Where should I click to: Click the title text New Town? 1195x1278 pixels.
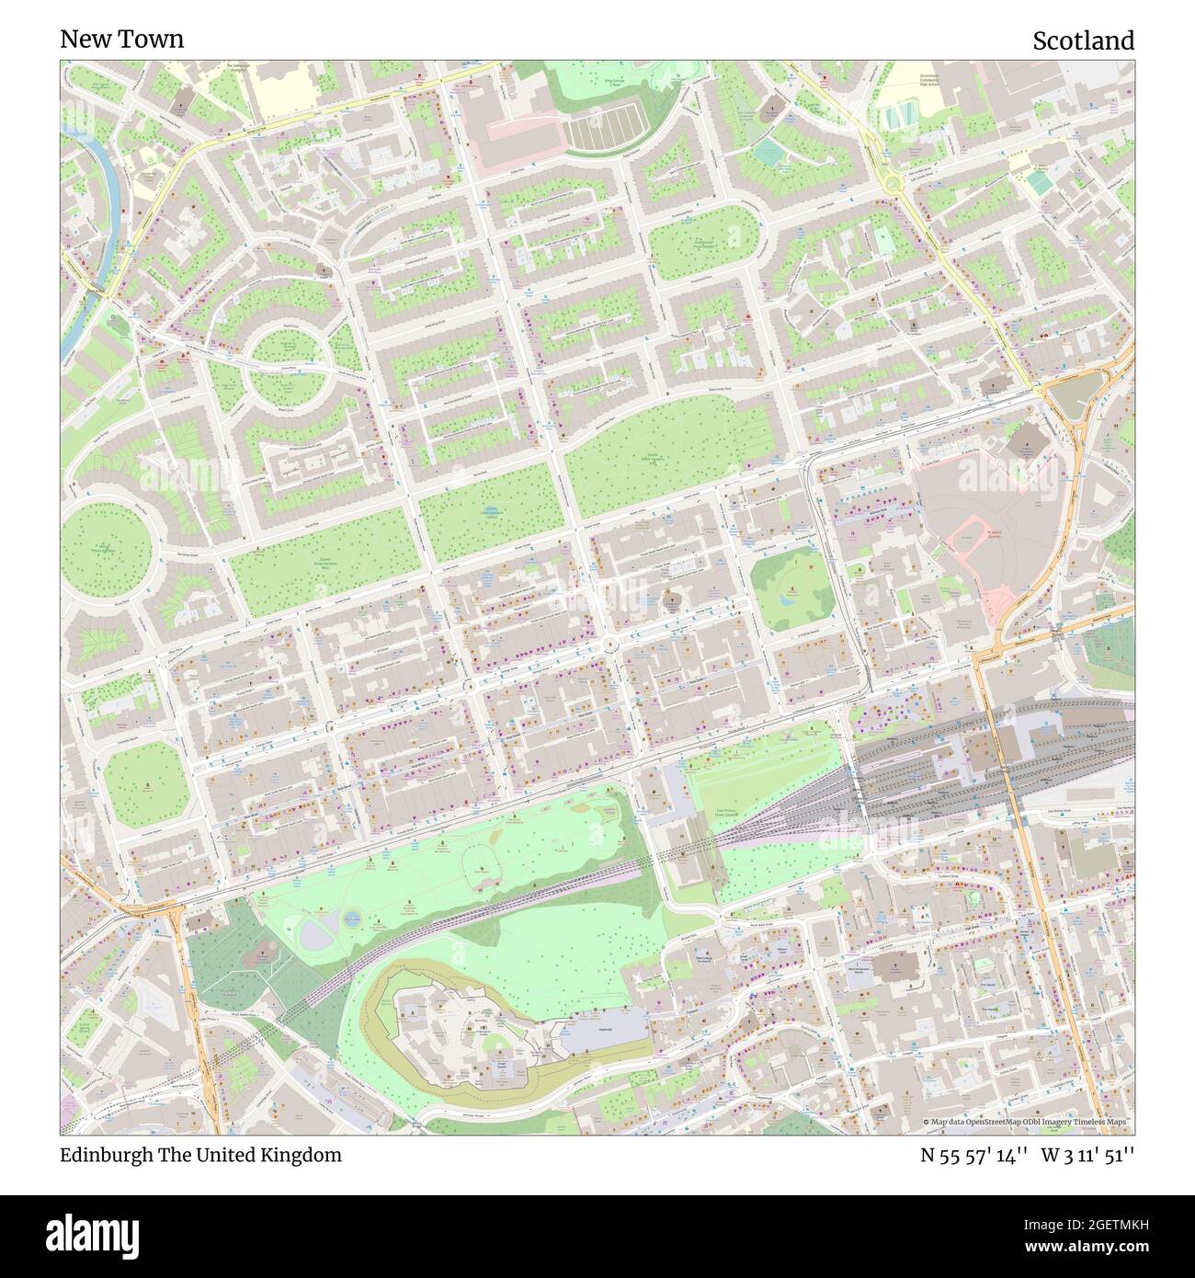click(121, 39)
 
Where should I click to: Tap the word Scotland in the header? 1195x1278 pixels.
click(1082, 40)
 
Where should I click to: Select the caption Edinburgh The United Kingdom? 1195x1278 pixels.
click(200, 1155)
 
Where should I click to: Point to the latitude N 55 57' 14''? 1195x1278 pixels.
click(973, 1156)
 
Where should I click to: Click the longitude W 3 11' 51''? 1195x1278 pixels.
click(1087, 1156)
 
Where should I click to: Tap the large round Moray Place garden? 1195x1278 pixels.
click(106, 548)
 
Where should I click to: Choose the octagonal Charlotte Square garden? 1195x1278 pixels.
click(146, 782)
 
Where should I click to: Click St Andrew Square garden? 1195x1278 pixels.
click(790, 587)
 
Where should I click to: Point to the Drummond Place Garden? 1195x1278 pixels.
click(704, 242)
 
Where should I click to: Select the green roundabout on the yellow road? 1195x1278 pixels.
click(890, 183)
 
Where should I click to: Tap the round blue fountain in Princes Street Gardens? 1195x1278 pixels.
click(352, 917)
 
